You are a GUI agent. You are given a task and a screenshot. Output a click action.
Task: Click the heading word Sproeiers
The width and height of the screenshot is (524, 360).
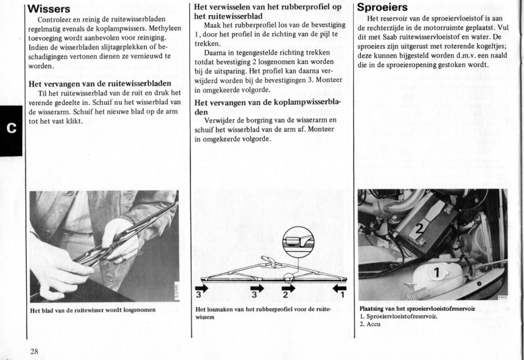tap(382, 8)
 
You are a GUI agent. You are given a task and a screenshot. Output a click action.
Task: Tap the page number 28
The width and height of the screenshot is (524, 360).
tap(34, 351)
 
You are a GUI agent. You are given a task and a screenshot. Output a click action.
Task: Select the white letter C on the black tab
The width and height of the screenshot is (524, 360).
tap(11, 127)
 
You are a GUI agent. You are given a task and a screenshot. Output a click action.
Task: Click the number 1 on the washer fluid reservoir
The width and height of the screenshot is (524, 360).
tap(437, 273)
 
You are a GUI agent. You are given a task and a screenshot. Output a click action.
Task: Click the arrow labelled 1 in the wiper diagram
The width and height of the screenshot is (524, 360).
tap(339, 289)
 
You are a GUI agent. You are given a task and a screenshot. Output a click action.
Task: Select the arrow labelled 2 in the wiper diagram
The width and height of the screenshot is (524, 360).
tap(289, 289)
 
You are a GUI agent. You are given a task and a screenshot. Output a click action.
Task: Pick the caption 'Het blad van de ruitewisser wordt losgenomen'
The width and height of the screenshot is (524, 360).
tap(92, 310)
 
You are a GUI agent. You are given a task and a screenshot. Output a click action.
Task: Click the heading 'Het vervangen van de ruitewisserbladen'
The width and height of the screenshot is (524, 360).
tap(100, 83)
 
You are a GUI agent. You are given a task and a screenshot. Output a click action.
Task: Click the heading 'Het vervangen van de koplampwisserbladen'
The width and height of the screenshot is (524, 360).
tap(267, 106)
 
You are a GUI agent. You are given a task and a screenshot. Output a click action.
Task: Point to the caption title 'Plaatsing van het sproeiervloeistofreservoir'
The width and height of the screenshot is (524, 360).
tap(417, 309)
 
